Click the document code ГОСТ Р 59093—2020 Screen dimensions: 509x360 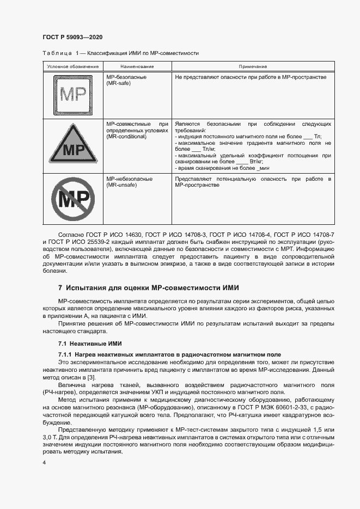coord(72,37)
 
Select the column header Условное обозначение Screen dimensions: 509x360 coord(72,66)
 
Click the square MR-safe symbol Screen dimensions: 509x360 coord(72,95)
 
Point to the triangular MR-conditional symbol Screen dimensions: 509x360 coord(72,145)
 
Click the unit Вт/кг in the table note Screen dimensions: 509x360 coord(256,162)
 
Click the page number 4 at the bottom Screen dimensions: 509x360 coord(44,463)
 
